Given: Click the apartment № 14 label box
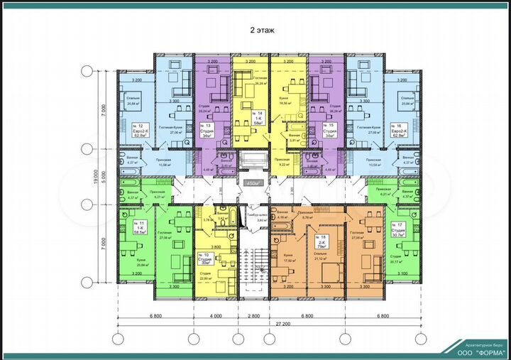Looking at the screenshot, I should tap(253, 117).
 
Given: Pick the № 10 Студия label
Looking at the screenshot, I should tap(206, 258).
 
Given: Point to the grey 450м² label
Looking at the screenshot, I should tap(253, 183).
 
